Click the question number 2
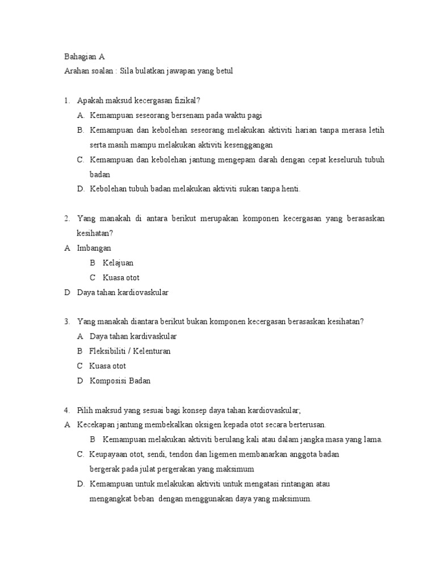[x=66, y=218]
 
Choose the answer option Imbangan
[x=94, y=248]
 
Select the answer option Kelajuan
[x=118, y=263]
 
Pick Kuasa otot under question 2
[x=121, y=277]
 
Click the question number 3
[x=66, y=322]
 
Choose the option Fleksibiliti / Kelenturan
[x=130, y=351]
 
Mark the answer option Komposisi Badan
[x=120, y=381]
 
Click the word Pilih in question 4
[x=85, y=410]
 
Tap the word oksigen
[x=196, y=425]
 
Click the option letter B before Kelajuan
[x=93, y=263]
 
